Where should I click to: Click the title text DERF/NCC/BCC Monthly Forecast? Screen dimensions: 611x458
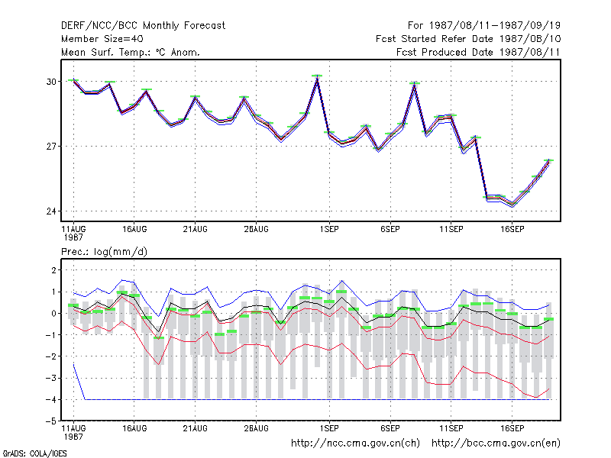point(143,26)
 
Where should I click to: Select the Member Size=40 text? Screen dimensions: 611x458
point(102,39)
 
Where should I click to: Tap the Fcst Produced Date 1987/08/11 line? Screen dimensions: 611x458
point(478,52)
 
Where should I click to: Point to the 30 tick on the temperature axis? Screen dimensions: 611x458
point(51,82)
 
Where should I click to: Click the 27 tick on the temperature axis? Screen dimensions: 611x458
point(51,147)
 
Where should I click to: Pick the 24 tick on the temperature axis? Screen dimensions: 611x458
point(51,211)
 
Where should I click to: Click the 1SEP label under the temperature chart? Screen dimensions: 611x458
point(329,230)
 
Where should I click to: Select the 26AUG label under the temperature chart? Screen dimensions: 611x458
point(256,230)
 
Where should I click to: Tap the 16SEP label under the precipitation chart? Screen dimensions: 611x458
point(512,428)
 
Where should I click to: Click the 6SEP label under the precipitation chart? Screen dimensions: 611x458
point(390,428)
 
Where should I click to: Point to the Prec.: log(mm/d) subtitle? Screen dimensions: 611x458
point(104,252)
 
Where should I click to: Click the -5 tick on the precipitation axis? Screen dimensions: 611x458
point(51,421)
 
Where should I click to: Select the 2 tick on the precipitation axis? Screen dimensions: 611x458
point(54,270)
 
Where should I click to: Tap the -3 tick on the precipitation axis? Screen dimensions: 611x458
point(51,378)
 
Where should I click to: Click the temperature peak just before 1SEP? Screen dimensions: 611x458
point(317,78)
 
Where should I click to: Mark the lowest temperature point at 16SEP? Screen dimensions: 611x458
point(512,205)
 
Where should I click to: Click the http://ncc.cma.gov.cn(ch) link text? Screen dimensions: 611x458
point(355,443)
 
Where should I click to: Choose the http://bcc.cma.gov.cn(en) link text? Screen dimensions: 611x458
point(496,443)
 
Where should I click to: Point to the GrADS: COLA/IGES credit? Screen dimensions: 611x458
point(34,453)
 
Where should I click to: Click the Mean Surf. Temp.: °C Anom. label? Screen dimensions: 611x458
point(131,52)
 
